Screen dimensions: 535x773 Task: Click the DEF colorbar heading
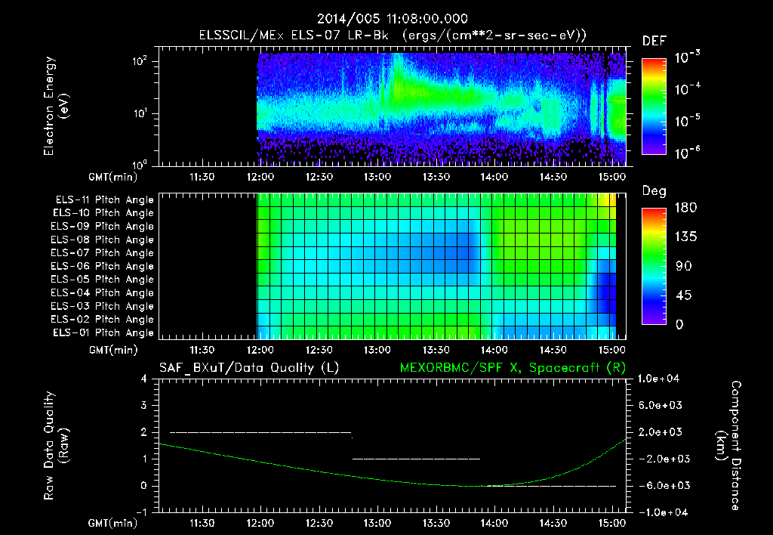654,41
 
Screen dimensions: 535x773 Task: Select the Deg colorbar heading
654,191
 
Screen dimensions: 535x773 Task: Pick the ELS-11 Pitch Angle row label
104,200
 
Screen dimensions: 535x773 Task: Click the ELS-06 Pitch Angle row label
104,266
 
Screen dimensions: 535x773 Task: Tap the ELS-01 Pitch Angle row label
104,332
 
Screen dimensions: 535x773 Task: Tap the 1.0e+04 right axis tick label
661,379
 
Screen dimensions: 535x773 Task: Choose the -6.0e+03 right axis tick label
661,485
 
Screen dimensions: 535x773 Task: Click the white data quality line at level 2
260,432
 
